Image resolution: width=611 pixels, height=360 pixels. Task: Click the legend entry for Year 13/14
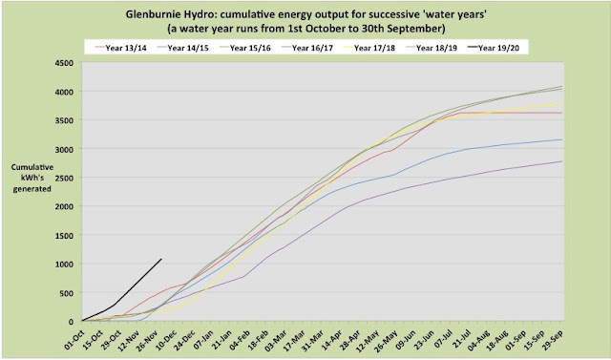click(x=120, y=48)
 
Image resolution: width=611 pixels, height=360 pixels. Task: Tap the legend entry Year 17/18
click(x=369, y=48)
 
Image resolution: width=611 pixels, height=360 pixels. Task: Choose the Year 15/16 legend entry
click(x=244, y=48)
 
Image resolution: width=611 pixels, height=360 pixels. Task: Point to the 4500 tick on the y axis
click(x=65, y=62)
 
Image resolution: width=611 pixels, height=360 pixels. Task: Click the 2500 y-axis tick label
click(x=65, y=178)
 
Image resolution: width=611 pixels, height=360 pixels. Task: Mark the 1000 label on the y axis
click(x=65, y=265)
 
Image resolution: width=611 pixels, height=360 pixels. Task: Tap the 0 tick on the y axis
click(x=72, y=322)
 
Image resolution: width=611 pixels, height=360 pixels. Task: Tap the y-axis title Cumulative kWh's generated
click(x=32, y=178)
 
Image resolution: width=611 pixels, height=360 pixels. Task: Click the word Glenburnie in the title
click(x=148, y=15)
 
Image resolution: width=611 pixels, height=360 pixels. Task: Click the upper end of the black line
click(x=161, y=259)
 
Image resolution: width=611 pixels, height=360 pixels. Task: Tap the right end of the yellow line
click(x=562, y=102)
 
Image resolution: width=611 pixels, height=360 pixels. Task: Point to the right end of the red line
click(x=562, y=113)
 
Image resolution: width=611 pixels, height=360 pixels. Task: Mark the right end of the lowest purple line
click(x=562, y=161)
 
